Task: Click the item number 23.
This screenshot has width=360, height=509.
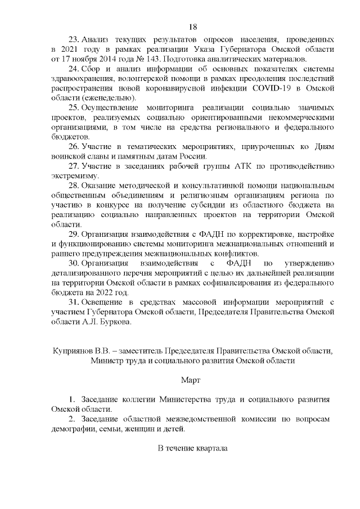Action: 74,40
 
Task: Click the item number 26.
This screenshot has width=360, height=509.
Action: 74,147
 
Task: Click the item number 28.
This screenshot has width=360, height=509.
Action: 74,186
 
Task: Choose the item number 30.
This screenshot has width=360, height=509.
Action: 74,263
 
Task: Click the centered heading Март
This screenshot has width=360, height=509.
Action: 192,380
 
